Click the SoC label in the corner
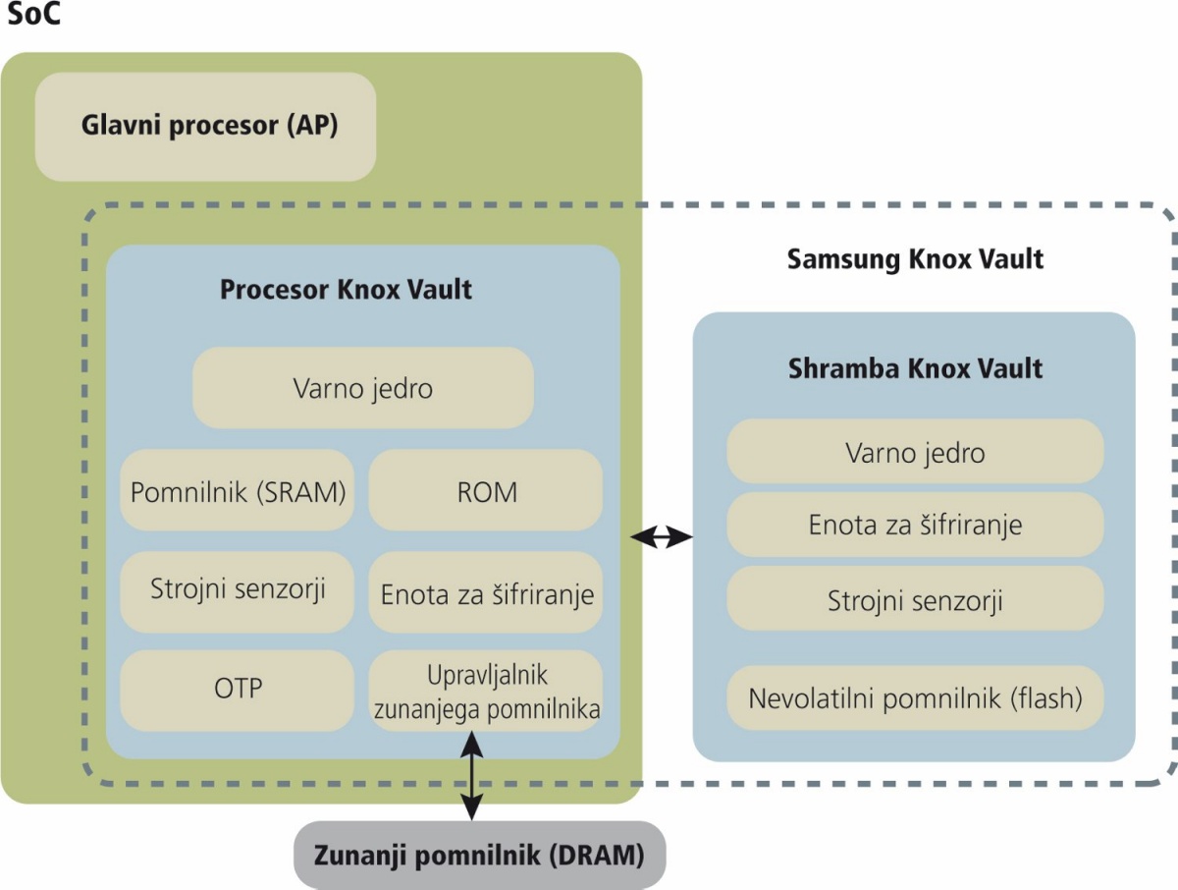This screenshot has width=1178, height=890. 33,14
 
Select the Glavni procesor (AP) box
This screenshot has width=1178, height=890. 205,127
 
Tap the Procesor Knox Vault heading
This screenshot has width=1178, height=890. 347,290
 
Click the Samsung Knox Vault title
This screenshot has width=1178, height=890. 915,259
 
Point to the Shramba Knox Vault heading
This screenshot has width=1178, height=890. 915,368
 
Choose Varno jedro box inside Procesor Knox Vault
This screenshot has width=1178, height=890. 363,388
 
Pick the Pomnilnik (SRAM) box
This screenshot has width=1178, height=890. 238,490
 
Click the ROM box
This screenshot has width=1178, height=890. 486,490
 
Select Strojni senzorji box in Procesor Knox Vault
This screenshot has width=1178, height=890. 238,592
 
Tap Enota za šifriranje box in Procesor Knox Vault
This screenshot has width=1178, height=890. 486,592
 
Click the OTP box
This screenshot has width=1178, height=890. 238,691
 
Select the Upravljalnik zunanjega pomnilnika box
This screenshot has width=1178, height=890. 486,691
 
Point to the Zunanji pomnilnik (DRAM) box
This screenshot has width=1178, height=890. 480,855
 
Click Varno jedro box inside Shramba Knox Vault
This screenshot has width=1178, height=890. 915,451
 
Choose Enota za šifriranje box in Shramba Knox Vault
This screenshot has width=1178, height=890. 915,525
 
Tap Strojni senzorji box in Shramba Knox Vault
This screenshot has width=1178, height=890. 915,598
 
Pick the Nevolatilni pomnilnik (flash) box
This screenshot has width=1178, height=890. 915,697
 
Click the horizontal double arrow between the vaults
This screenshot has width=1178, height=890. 662,536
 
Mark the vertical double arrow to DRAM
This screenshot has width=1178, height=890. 472,776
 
